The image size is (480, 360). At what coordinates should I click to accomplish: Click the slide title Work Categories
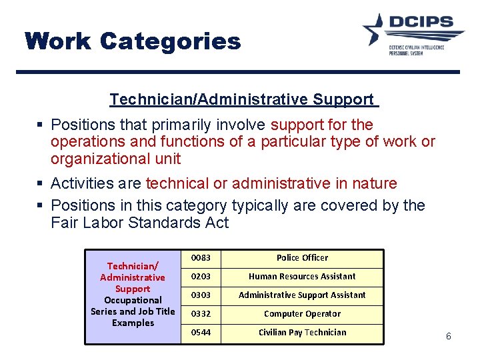tap(133, 41)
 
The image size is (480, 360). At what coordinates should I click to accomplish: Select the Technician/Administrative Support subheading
tap(243, 99)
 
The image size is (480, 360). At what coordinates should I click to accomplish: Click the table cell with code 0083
tap(200, 258)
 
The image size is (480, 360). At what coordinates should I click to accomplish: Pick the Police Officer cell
tap(302, 258)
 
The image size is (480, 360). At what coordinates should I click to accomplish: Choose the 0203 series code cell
tap(200, 277)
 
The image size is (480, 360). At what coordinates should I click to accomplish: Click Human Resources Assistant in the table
tap(302, 277)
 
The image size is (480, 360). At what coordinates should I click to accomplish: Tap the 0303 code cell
tap(200, 295)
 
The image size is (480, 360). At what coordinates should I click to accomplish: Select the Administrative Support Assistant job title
tap(302, 295)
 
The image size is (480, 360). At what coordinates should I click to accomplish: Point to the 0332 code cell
tap(200, 314)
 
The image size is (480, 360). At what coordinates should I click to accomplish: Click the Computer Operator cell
tap(302, 314)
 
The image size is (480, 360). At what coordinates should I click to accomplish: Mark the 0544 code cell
tap(200, 333)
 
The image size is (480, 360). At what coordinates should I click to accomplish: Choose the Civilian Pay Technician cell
tap(302, 333)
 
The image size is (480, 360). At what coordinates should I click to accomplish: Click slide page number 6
tap(448, 337)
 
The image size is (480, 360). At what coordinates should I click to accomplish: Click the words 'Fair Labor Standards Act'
tap(139, 223)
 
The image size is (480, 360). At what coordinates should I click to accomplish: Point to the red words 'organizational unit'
tap(115, 159)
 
